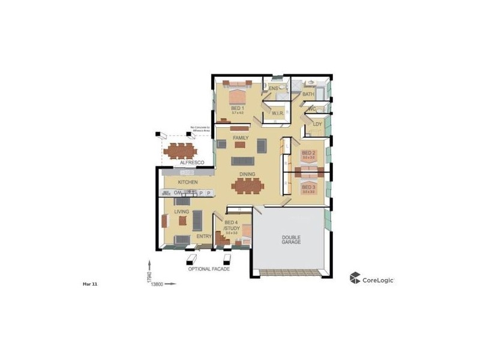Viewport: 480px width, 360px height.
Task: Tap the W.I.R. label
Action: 277,113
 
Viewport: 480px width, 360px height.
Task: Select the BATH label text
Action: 308,94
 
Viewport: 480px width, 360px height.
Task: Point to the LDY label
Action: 317,124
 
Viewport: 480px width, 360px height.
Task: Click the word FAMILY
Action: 241,137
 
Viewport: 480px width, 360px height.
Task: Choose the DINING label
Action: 247,175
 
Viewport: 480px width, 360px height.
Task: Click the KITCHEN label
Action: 188,182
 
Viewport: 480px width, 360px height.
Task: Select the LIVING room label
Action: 182,212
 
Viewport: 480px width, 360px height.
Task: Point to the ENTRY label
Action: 204,236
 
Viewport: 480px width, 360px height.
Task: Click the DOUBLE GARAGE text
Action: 291,240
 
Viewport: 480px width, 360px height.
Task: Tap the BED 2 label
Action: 308,154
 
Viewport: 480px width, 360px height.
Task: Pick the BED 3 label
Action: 308,187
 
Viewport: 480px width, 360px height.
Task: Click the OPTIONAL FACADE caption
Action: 209,269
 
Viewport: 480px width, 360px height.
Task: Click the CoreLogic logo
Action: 372,278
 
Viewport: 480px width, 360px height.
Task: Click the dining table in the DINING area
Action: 247,187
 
